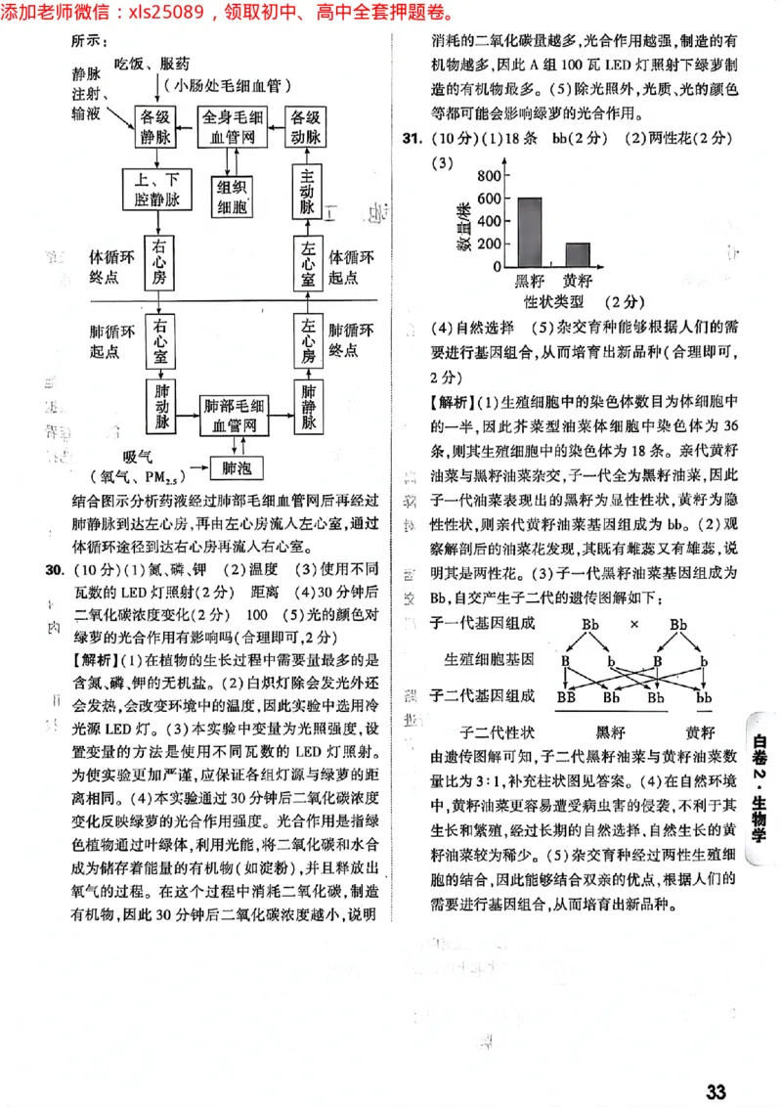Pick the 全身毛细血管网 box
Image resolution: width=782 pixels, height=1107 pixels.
point(233,128)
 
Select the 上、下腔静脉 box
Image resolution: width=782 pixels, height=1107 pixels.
point(159,190)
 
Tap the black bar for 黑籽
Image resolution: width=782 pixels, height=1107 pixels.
point(530,232)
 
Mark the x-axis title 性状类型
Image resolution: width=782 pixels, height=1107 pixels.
point(554,301)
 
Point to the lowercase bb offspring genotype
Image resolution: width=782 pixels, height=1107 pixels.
point(703,697)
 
